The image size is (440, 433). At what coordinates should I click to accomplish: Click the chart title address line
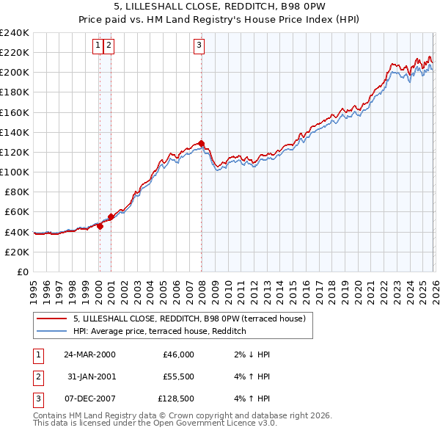pyautogui.click(x=219, y=7)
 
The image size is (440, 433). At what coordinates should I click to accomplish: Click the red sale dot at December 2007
pyautogui.click(x=201, y=143)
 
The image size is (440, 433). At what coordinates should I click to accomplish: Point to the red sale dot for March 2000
pyautogui.click(x=100, y=226)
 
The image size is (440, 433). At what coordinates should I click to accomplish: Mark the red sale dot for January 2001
pyautogui.click(x=111, y=216)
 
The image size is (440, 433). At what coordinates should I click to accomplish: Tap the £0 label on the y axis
pyautogui.click(x=22, y=272)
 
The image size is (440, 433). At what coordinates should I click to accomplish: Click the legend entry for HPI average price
pyautogui.click(x=159, y=332)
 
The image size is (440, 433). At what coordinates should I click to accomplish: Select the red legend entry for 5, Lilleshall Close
pyautogui.click(x=194, y=319)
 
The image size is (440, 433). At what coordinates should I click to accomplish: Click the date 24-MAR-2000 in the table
pyautogui.click(x=89, y=354)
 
